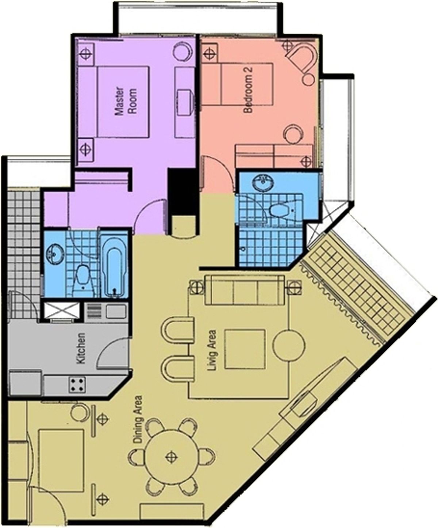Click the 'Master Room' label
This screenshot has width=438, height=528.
pos(126,102)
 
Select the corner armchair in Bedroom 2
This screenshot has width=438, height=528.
pos(301,59)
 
